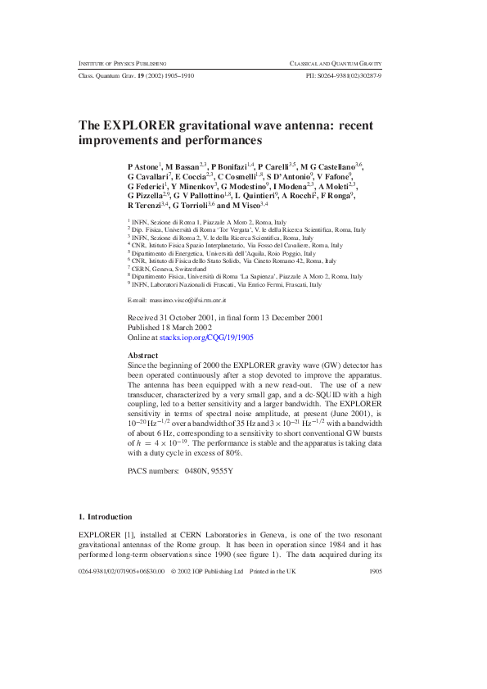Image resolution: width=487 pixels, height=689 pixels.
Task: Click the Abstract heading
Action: click(x=144, y=356)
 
